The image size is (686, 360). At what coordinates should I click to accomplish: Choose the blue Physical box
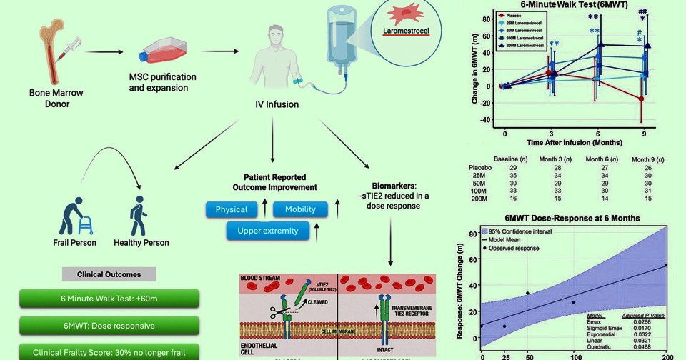[231, 209]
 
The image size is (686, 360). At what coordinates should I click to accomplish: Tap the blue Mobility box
[300, 209]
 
